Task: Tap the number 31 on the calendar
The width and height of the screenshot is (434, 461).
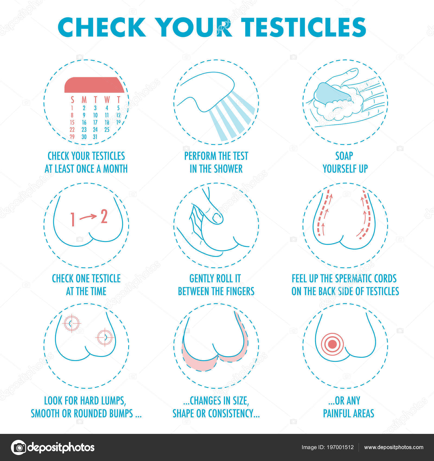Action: pos(95,137)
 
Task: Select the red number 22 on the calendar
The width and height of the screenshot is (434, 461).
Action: pos(72,130)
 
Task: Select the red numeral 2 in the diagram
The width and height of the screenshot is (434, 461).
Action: pos(104,217)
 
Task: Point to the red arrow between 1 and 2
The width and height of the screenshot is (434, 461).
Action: pos(88,217)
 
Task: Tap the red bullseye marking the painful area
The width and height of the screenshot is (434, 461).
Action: pos(332,344)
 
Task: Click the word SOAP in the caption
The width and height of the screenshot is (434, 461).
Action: pos(344,156)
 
